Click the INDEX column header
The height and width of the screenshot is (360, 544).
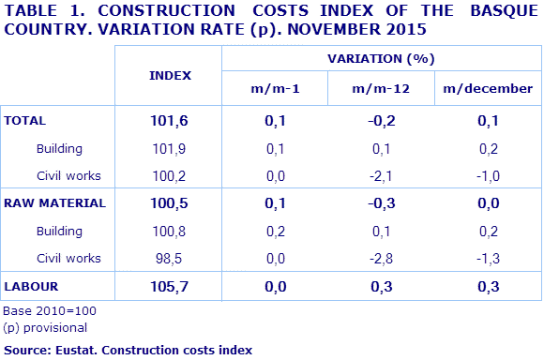pyautogui.click(x=170, y=74)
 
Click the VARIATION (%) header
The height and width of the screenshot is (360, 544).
pyautogui.click(x=380, y=58)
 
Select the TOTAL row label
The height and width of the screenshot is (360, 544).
pyautogui.click(x=26, y=121)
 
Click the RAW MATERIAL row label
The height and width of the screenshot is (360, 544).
pyautogui.click(x=54, y=202)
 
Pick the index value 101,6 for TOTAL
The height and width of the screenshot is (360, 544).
pyautogui.click(x=170, y=121)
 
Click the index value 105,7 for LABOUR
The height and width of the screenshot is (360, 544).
pyautogui.click(x=170, y=284)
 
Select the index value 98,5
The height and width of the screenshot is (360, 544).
pyautogui.click(x=170, y=257)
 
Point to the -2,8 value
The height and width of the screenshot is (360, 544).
pyautogui.click(x=380, y=257)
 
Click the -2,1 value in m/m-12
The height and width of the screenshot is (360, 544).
pyautogui.click(x=380, y=175)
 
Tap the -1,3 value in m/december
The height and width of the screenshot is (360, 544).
pyautogui.click(x=486, y=257)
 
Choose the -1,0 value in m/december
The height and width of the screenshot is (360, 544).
pyautogui.click(x=486, y=175)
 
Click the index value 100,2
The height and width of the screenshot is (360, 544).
pyautogui.click(x=170, y=175)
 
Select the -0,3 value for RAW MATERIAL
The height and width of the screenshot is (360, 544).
pyautogui.click(x=380, y=202)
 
